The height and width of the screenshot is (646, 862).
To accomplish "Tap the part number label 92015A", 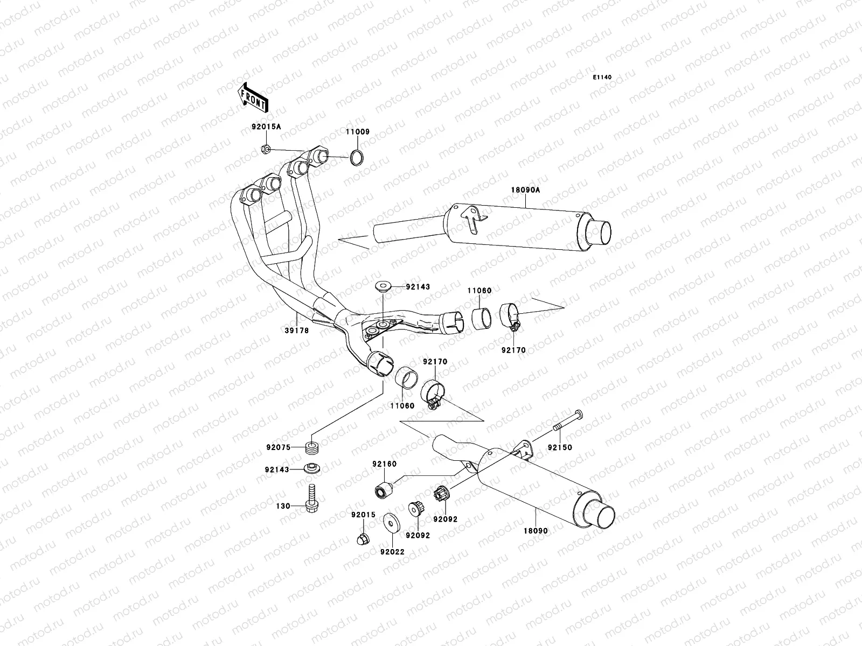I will pyautogui.click(x=266, y=128).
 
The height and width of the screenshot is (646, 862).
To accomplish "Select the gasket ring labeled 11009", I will pyautogui.click(x=356, y=158).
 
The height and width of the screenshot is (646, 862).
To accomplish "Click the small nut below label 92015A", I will pyautogui.click(x=265, y=150).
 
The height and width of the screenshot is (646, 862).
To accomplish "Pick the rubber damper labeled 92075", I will pyautogui.click(x=312, y=447).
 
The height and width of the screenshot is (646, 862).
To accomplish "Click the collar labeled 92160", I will pyautogui.click(x=383, y=491).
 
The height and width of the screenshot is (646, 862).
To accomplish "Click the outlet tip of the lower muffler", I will pyautogui.click(x=601, y=514).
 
